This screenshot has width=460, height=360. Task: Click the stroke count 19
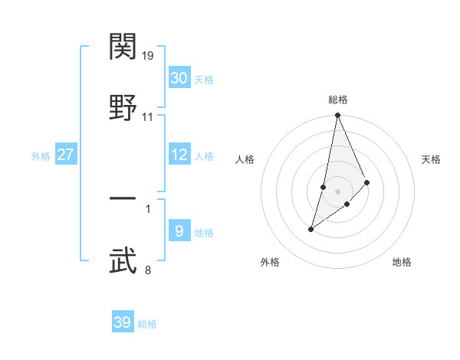(149, 55)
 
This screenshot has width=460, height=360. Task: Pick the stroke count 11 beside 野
(148, 117)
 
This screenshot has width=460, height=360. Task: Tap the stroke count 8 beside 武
(148, 270)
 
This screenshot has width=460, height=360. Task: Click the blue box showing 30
(179, 78)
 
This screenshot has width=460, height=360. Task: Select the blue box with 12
(179, 155)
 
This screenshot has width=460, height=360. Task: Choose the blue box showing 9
(179, 231)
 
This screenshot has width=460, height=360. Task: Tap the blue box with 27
(66, 155)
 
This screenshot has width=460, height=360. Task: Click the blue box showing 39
(123, 322)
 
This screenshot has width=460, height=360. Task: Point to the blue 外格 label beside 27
(41, 156)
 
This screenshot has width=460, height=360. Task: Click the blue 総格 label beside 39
(147, 324)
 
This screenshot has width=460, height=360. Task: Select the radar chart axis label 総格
(338, 100)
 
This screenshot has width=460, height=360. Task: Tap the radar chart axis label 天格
(432, 159)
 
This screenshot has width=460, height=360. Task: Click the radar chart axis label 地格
(402, 263)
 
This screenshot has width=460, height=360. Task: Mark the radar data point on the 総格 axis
(338, 116)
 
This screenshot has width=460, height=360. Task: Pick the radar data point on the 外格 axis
(311, 228)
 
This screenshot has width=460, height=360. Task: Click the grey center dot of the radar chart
(338, 191)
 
